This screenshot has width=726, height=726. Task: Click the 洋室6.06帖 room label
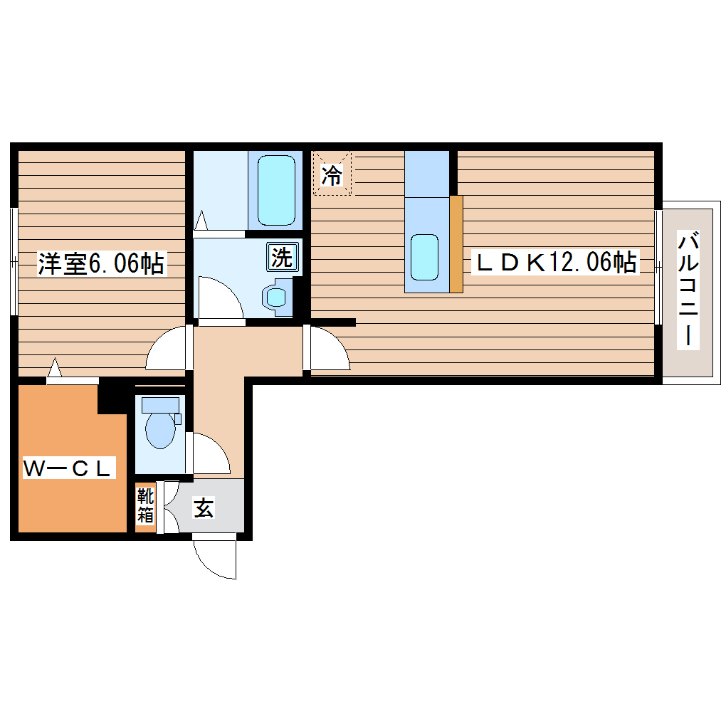click(x=101, y=265)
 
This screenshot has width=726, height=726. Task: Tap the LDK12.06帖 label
click(x=556, y=263)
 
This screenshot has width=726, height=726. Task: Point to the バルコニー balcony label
click(x=687, y=288)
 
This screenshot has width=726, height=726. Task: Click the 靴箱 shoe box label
click(x=145, y=505)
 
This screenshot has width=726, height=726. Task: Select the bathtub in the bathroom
click(x=275, y=189)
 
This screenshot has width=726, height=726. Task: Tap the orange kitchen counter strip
click(x=456, y=243)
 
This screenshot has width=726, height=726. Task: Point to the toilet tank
click(x=159, y=404)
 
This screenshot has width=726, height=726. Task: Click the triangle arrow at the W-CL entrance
click(x=56, y=369)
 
